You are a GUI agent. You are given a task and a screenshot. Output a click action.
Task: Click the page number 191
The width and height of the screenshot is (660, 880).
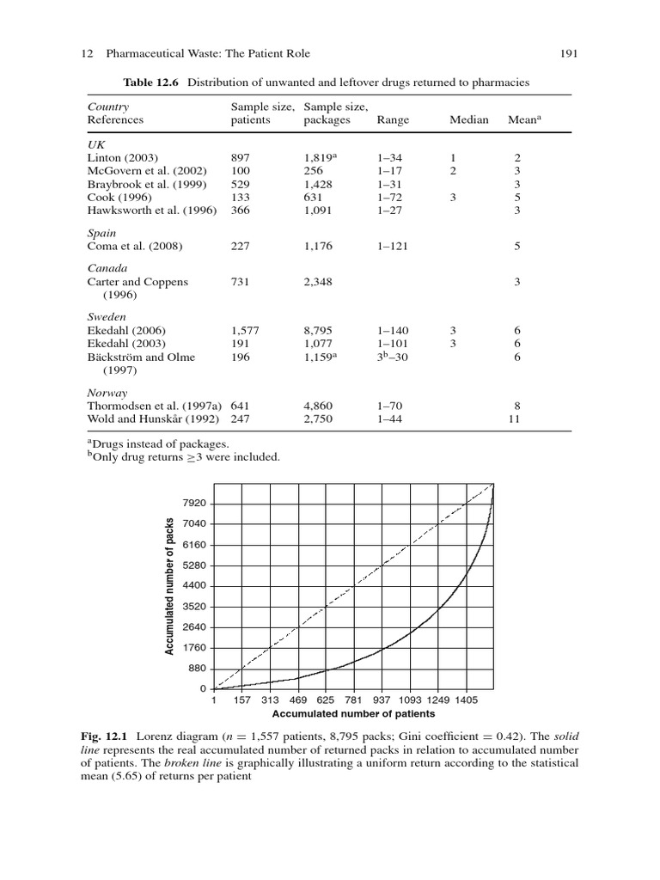point(568,54)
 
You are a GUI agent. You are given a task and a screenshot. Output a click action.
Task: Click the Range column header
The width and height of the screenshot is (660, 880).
point(392,120)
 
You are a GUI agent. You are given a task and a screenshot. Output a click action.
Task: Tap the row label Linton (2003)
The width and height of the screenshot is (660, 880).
point(121,158)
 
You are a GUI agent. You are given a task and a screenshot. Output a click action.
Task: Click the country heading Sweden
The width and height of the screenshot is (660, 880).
point(107,317)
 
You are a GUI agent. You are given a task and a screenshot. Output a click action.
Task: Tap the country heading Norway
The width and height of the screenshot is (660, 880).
point(107,392)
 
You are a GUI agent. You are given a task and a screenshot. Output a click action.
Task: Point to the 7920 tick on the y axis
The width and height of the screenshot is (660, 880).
point(194,504)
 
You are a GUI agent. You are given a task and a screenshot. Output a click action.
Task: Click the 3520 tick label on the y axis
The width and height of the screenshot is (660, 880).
point(194,607)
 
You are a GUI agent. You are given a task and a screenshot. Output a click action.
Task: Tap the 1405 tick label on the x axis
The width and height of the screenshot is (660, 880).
point(467,701)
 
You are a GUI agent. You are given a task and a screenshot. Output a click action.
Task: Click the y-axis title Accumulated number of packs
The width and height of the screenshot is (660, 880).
point(169,586)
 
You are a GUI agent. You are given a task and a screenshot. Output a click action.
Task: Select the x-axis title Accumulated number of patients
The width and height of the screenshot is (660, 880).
point(353,714)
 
